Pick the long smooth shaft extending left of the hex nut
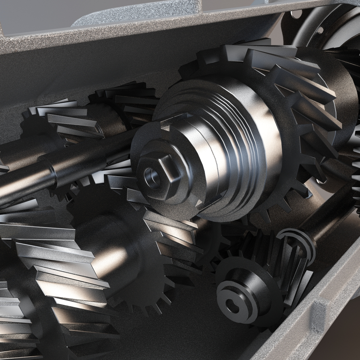(x=60, y=168)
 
